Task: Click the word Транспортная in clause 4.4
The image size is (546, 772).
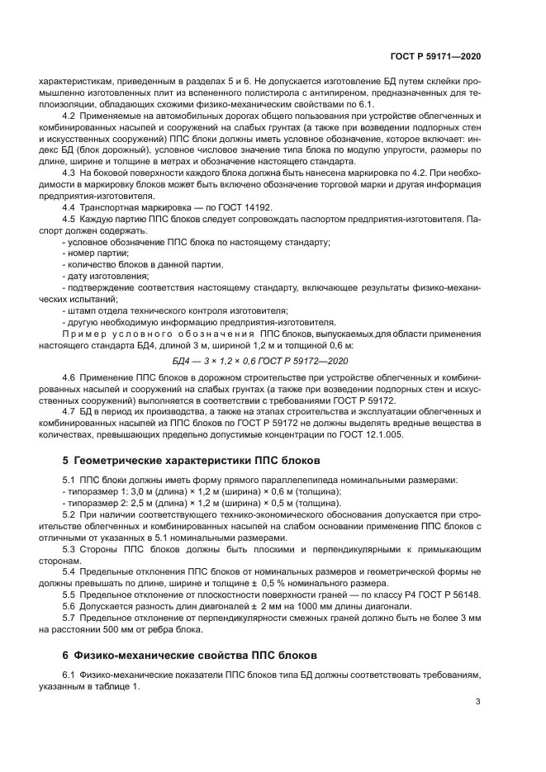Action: [111, 209]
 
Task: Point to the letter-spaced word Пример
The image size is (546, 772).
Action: [88, 332]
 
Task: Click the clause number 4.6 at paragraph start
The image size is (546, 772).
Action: [70, 377]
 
